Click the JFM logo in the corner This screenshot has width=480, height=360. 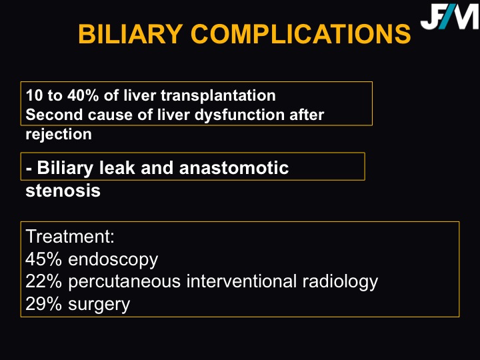tap(450, 16)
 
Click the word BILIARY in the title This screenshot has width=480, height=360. tap(131, 34)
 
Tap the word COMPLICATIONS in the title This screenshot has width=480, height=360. tap(301, 34)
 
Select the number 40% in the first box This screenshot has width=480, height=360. tap(83, 95)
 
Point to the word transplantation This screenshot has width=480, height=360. tap(218, 95)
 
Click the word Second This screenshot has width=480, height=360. tap(54, 115)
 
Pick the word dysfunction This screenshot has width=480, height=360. tap(240, 115)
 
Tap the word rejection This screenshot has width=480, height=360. tap(59, 135)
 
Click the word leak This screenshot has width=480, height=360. tap(117, 168)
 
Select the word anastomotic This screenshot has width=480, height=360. tap(234, 168)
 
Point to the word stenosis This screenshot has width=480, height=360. tap(63, 191)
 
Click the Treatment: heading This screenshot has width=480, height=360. tap(70, 236)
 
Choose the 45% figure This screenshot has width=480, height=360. tap(44, 259)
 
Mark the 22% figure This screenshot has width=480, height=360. tap(44, 281)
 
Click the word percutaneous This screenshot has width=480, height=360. tap(125, 282)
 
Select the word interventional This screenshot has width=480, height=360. tap(241, 281)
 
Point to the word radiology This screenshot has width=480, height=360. tap(341, 282)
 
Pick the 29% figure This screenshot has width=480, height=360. tap(44, 304)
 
